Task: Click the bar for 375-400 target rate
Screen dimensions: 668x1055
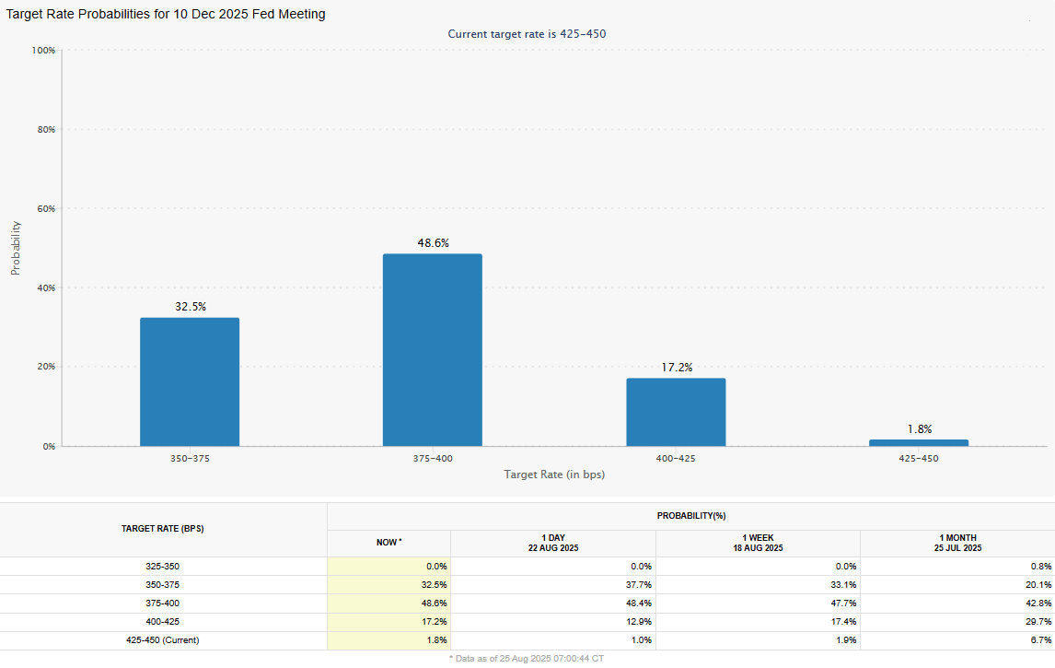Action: coord(432,350)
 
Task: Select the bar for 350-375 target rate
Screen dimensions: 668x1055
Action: coord(189,382)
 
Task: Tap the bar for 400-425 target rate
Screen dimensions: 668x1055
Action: coord(676,412)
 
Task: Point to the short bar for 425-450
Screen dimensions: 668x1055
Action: coord(918,443)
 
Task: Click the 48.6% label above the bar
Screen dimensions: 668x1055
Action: coord(433,243)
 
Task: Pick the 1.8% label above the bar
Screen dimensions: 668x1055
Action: coord(919,428)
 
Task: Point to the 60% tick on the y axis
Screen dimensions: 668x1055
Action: coord(46,208)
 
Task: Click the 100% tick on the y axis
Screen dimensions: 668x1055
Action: coord(44,50)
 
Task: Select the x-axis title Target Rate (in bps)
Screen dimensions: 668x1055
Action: coord(554,475)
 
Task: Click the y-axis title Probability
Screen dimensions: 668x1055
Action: coord(16,248)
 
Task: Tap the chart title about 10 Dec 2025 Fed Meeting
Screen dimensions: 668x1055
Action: coord(166,14)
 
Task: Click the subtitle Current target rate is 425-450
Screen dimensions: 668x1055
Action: coord(527,34)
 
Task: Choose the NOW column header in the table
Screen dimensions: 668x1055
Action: coord(388,543)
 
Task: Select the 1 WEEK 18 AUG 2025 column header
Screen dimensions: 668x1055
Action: coord(758,543)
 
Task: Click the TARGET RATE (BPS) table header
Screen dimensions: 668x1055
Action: coord(163,529)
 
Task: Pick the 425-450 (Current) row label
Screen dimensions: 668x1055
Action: coord(163,639)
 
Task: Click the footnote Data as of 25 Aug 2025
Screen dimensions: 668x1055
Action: coord(527,659)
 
